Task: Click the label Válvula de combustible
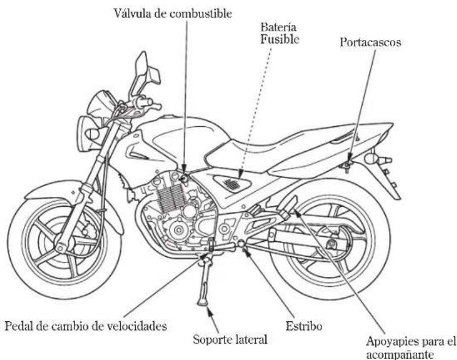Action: [173, 13]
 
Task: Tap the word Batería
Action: [278, 27]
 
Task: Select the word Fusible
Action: [279, 39]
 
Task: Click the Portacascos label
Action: [371, 42]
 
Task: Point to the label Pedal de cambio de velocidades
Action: [86, 326]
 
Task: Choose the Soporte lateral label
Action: [230, 339]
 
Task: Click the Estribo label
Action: [304, 326]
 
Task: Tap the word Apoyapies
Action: [391, 341]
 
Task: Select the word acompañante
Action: [399, 355]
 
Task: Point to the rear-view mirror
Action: [146, 72]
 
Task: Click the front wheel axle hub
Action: [61, 248]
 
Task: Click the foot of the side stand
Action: [203, 303]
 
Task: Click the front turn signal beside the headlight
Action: [93, 134]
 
